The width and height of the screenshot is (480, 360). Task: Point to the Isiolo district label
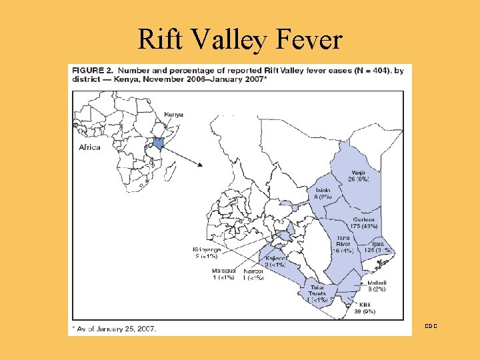tap(322, 193)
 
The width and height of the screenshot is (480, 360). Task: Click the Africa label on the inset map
tap(89, 147)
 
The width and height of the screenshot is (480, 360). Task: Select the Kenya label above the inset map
tap(173, 115)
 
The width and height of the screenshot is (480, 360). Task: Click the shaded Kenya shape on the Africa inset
tap(158, 143)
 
